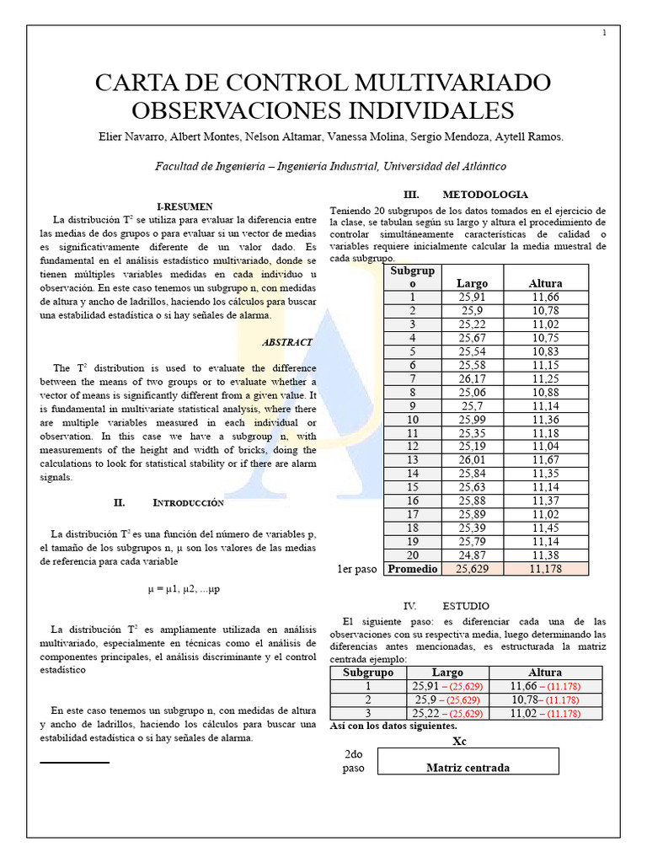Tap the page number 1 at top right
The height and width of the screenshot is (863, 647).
(x=604, y=33)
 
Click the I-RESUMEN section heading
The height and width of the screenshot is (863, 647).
(x=184, y=206)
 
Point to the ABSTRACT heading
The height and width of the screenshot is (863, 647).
(x=287, y=342)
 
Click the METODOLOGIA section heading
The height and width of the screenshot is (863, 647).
(x=485, y=194)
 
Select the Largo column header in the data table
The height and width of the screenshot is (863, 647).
(x=471, y=283)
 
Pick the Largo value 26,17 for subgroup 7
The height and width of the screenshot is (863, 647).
(x=471, y=378)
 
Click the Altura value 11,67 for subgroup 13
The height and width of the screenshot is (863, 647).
(x=545, y=460)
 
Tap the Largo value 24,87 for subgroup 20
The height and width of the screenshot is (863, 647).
(x=471, y=555)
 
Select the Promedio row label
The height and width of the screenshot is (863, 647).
(x=413, y=569)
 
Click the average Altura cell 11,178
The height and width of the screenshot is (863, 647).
(x=545, y=569)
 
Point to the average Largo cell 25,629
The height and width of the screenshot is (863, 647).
(x=471, y=569)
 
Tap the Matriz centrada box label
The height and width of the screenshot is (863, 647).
(x=468, y=767)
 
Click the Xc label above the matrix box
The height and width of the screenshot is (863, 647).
(x=459, y=741)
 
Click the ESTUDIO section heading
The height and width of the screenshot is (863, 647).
(x=465, y=605)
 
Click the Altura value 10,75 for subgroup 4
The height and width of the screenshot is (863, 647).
(x=545, y=337)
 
